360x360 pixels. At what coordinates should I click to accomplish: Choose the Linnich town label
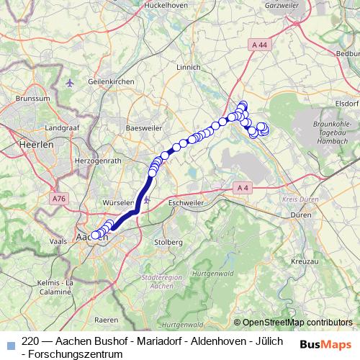click(187, 67)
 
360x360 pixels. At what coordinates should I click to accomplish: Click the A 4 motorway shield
click(241, 189)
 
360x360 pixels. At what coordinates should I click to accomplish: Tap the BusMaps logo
click(327, 344)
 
